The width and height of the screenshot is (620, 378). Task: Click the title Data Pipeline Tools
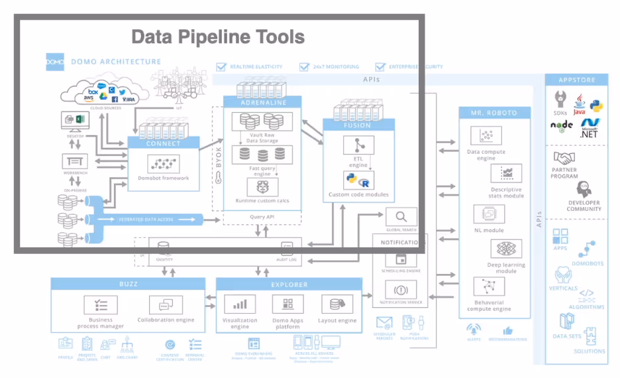(218, 36)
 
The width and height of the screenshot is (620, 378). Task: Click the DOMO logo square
(54, 62)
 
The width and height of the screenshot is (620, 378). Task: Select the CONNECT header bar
(163, 143)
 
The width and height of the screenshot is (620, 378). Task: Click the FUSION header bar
(358, 125)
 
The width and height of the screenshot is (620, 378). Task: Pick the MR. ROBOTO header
(493, 113)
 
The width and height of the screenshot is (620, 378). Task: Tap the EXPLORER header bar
(288, 284)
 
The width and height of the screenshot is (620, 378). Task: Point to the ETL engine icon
(358, 145)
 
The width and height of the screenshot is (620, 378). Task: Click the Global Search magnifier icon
(401, 217)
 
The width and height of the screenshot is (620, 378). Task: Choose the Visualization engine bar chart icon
(240, 304)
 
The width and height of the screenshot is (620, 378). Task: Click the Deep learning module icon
(506, 249)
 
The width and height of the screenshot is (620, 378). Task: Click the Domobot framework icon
(163, 164)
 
